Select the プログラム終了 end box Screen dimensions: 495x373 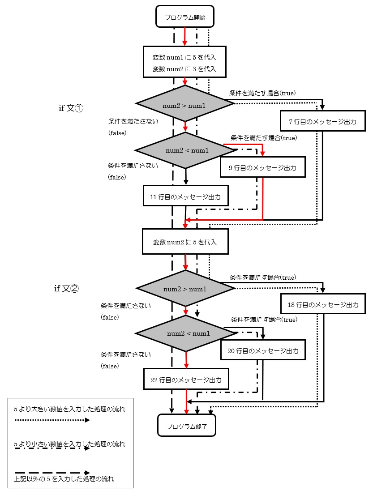[186, 425]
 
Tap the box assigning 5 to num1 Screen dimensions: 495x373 [184, 63]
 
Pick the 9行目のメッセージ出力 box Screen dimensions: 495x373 [262, 167]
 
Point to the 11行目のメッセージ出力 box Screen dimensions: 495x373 [185, 196]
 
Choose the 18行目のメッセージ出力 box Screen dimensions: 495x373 [323, 305]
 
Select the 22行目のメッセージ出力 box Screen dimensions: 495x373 [186, 380]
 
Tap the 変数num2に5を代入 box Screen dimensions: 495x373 [184, 242]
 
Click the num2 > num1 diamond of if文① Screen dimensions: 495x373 [184, 105]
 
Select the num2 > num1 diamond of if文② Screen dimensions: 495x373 [184, 289]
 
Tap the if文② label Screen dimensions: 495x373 [66, 289]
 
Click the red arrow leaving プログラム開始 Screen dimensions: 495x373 [185, 36]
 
